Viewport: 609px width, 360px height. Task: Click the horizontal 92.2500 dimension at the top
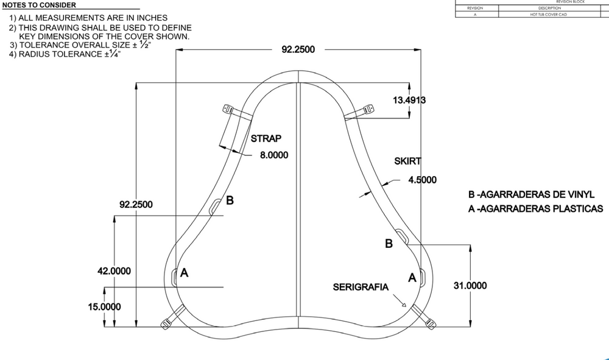pos(298,49)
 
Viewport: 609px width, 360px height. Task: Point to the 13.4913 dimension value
pos(409,101)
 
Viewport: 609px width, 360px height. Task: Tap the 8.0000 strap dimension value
pos(274,155)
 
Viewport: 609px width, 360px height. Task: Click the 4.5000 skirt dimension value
pos(422,180)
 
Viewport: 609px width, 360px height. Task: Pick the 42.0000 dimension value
pos(114,271)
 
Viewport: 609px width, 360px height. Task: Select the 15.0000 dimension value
pos(104,307)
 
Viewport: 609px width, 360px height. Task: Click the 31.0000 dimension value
pos(470,285)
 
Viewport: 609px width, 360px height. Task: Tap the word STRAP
pos(266,138)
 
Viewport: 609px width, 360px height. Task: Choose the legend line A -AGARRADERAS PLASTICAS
pos(535,208)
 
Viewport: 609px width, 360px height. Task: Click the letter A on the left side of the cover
pos(185,274)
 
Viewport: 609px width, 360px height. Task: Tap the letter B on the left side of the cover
pos(230,200)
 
